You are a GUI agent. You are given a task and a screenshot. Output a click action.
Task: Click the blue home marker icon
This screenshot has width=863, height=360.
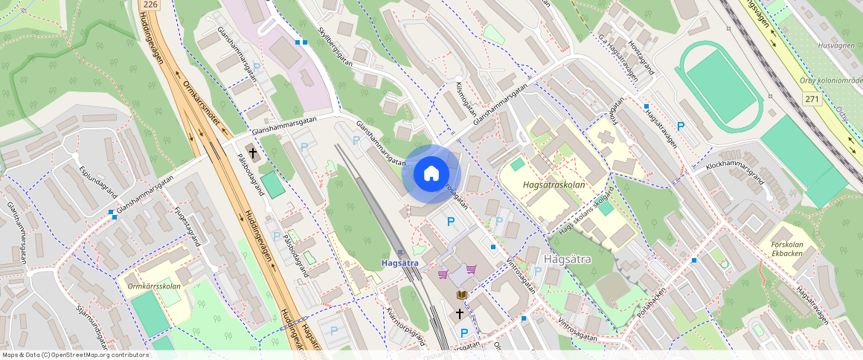pos(431,174)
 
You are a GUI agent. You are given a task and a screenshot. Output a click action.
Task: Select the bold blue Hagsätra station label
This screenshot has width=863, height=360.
pos(400,263)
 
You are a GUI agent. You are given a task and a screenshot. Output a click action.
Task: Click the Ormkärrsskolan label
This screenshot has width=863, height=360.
pos(153,284)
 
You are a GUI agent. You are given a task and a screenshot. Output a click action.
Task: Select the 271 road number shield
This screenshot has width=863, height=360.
pos(812,99)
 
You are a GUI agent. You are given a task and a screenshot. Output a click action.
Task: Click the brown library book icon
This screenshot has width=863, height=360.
pos(461,295)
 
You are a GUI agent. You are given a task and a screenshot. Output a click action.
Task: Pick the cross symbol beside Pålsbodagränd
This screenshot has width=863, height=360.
pos(253,154)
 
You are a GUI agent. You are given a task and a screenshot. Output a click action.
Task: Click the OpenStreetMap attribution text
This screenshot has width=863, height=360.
pos(76,355)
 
